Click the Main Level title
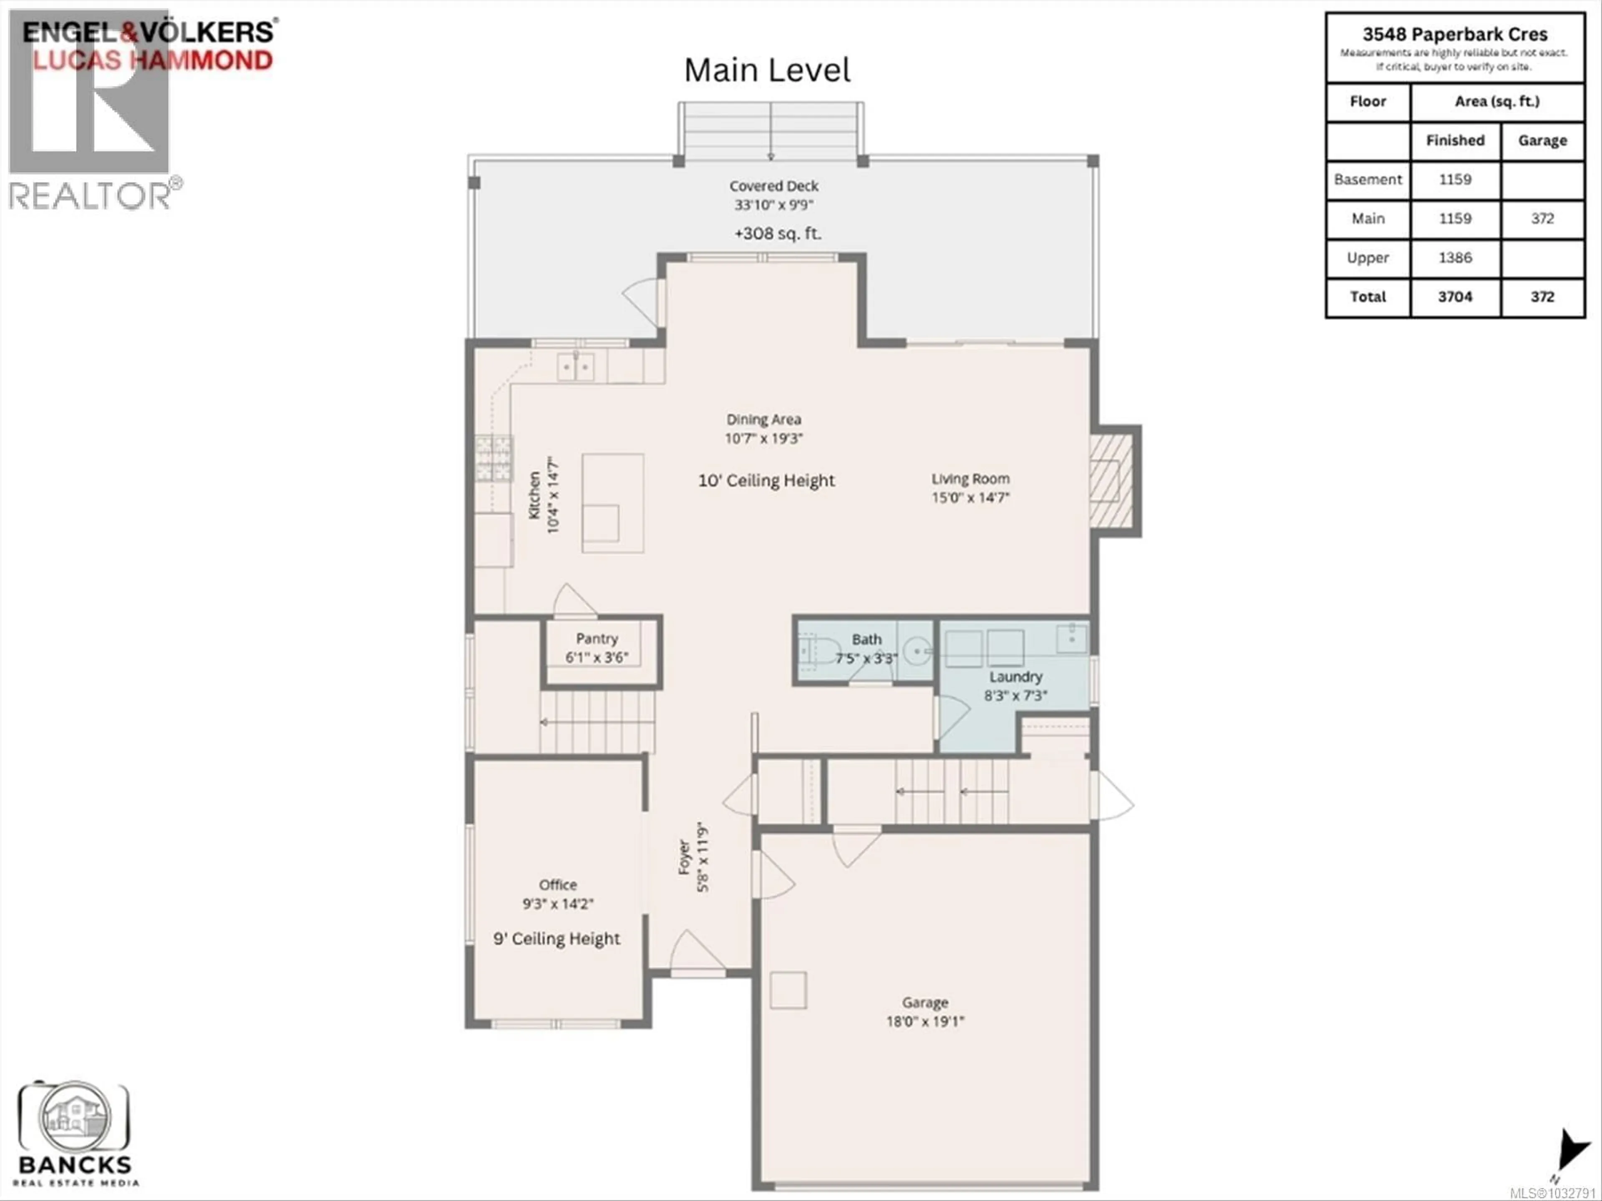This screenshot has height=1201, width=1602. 767,70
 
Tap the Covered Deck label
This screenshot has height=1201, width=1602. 773,186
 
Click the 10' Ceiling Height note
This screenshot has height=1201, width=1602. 766,481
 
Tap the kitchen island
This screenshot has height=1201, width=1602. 613,503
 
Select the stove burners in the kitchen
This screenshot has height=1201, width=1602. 493,458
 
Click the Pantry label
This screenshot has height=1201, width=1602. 597,638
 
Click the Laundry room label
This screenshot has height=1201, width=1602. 1015,677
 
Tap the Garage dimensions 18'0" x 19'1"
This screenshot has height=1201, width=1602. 925,1021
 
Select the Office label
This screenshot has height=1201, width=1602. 558,884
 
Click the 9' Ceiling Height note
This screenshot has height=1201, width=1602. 556,939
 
